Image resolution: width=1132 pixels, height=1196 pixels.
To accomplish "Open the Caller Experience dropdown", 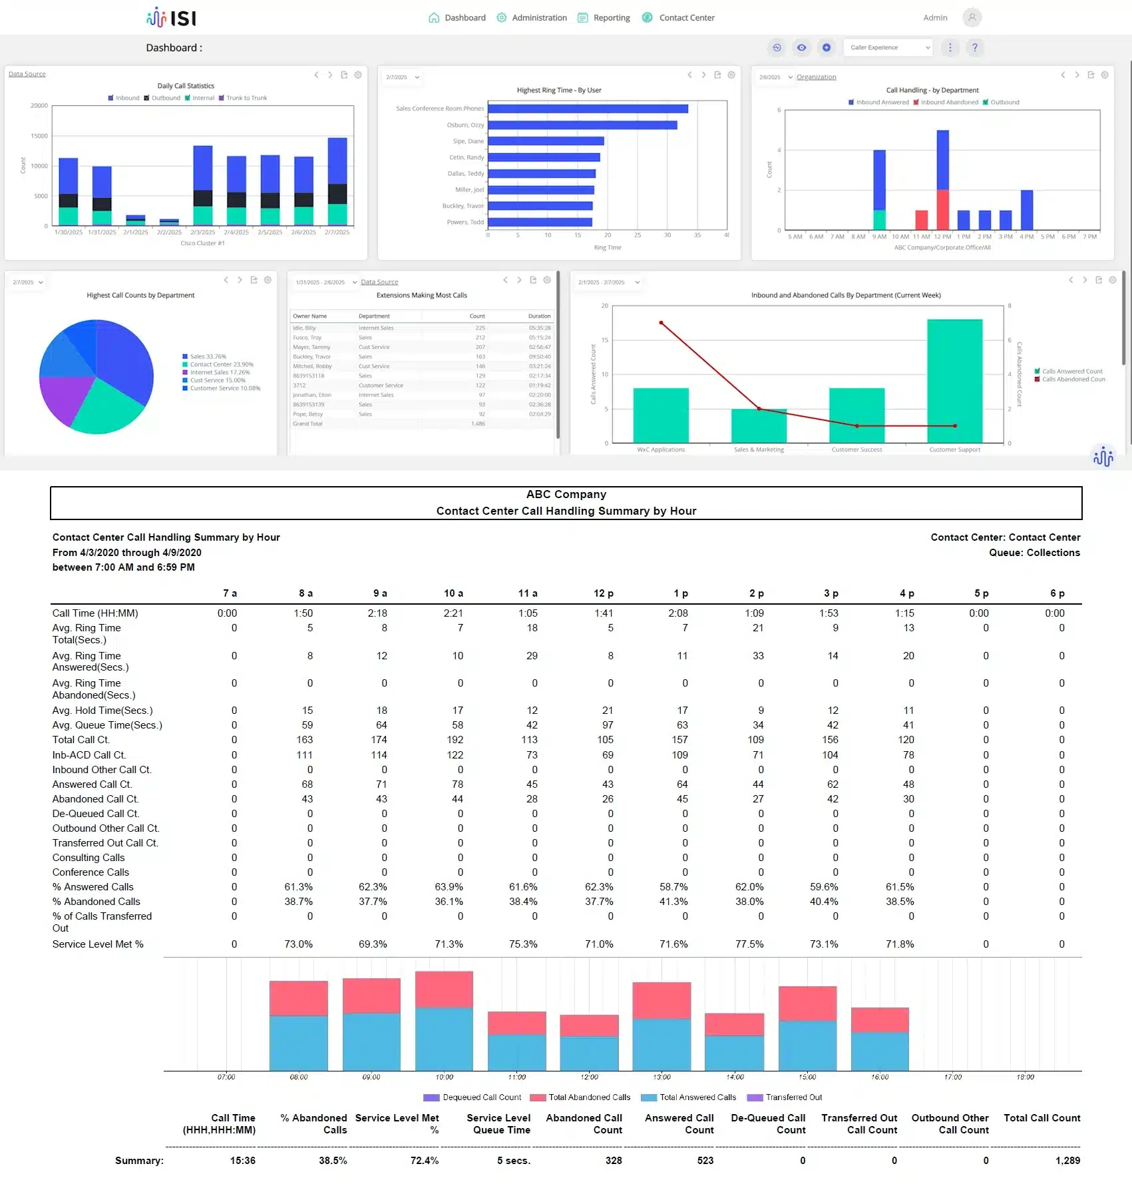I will (888, 47).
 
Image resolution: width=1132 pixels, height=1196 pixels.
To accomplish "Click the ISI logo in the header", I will (172, 17).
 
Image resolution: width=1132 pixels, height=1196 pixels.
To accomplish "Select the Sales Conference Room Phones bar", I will (588, 109).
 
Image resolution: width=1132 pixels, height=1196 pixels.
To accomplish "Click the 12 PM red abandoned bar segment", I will (942, 210).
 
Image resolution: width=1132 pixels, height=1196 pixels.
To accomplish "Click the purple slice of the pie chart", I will (65, 398).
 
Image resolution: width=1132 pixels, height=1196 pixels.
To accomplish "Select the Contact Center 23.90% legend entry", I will (221, 364).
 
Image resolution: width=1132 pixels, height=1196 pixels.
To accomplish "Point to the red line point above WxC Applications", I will (661, 323).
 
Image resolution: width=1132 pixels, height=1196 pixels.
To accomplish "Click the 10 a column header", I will (453, 593).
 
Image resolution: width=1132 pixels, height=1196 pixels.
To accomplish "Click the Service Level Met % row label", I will (98, 944).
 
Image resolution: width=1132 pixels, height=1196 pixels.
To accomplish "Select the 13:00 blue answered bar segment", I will (661, 1044).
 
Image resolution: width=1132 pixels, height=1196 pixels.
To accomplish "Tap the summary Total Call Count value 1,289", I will (1067, 1161).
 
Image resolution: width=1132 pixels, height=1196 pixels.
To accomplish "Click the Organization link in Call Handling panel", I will (816, 77).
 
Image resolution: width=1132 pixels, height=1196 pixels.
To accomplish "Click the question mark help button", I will (974, 47).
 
